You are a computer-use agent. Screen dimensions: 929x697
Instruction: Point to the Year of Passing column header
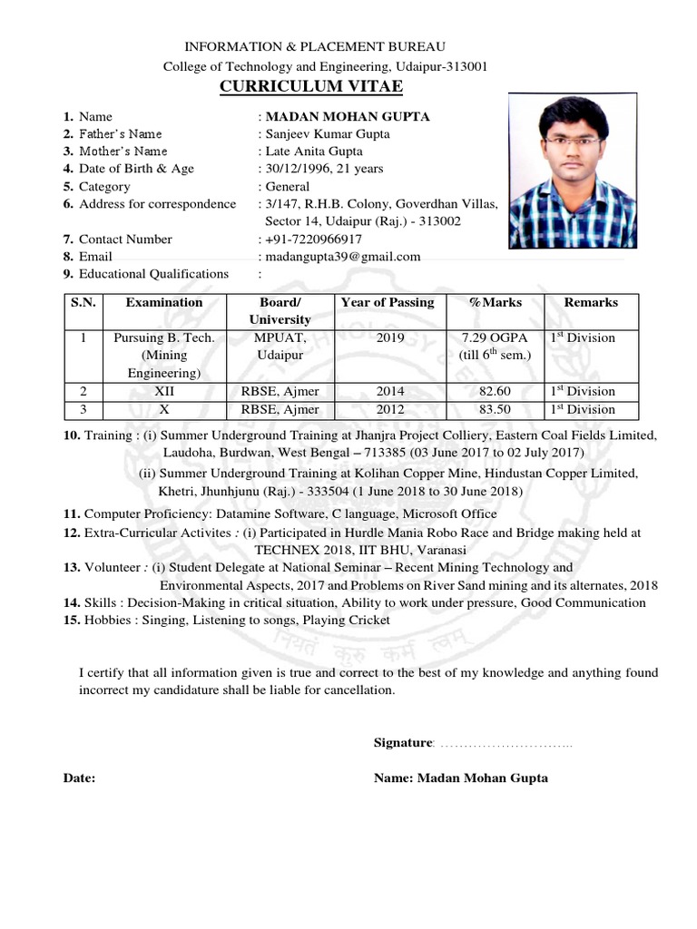(x=388, y=302)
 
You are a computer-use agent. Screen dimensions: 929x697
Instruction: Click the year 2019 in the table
(x=388, y=338)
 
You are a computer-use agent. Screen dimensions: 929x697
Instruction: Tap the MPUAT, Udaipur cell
(x=272, y=347)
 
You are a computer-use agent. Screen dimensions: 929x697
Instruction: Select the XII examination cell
(x=164, y=391)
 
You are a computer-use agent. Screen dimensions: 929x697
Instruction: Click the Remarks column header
(x=590, y=302)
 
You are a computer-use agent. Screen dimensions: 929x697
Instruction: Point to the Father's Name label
(x=120, y=134)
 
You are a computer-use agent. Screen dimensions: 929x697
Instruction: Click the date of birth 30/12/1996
(x=295, y=169)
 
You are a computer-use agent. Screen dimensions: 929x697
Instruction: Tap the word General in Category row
(x=288, y=187)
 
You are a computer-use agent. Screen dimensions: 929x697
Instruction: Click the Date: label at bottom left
(x=79, y=778)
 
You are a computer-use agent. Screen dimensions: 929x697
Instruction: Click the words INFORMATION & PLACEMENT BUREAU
(x=315, y=46)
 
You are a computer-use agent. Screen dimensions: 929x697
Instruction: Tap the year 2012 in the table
(x=388, y=409)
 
